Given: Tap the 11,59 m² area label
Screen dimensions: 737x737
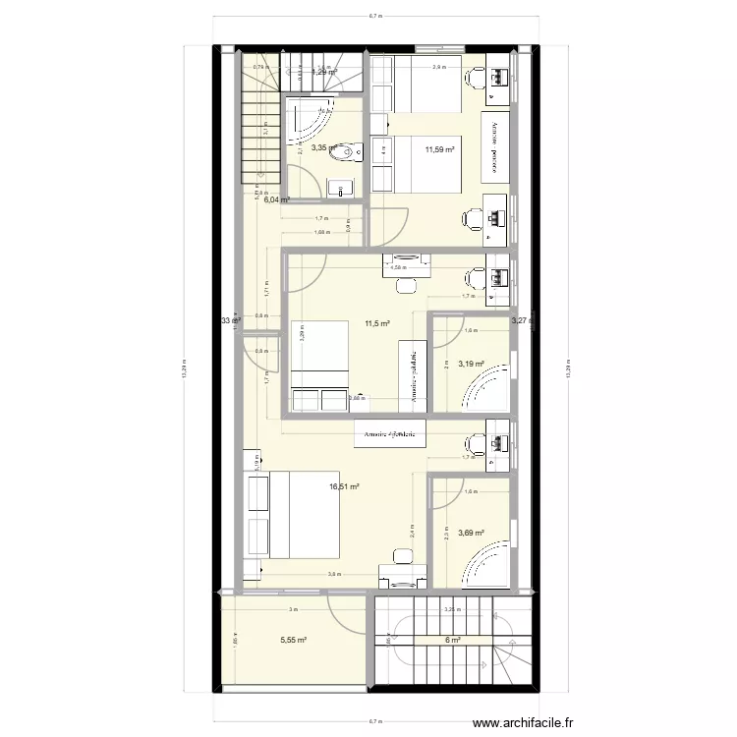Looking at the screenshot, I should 439,149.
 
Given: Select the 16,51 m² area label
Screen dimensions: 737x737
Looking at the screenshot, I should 344,485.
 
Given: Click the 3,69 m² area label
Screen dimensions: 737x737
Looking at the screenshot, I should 472,534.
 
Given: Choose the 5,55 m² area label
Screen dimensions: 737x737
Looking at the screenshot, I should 294,640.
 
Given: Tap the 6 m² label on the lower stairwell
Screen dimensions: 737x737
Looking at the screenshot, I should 454,640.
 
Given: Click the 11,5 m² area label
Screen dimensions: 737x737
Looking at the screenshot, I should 377,323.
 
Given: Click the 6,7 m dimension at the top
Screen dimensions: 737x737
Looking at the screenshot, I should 374,17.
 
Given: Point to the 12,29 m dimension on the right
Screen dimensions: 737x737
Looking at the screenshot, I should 568,368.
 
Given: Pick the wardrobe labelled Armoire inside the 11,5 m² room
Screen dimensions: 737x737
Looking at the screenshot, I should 413,372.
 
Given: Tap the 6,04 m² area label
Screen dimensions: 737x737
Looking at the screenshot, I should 276,199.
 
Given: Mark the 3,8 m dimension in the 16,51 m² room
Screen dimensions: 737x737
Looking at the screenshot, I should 333,574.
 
